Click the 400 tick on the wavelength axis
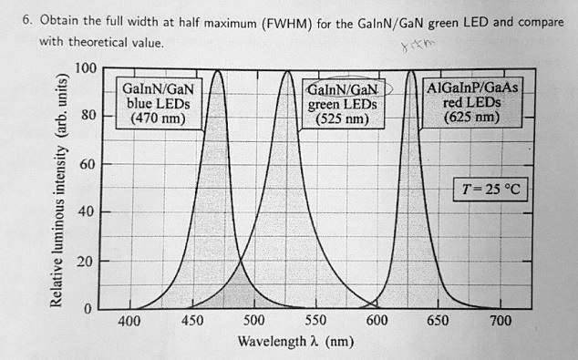129,322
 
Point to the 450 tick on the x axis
192,322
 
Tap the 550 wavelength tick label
315,322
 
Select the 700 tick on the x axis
500,322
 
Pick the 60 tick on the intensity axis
87,166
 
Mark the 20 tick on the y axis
87,262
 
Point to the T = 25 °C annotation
492,190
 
